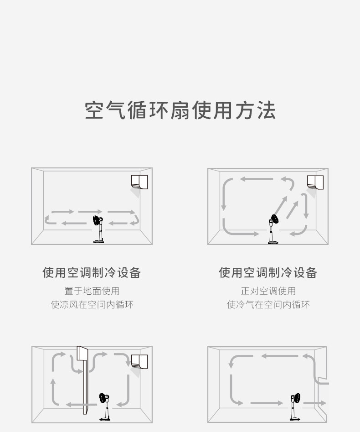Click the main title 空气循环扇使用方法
[x=180, y=110]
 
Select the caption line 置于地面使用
[x=92, y=291]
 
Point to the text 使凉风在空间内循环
[x=92, y=304]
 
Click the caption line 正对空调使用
[x=268, y=291]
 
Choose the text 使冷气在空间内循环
[x=268, y=304]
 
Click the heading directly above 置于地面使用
[x=92, y=272]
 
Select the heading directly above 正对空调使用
[x=268, y=272]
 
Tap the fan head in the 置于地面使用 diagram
[x=97, y=220]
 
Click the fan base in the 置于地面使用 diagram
[x=98, y=241]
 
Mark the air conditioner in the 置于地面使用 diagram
[x=139, y=182]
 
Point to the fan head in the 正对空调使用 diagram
[x=274, y=219]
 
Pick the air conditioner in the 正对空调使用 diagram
[x=315, y=182]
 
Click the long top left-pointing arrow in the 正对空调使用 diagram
[x=257, y=179]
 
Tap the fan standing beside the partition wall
[x=104, y=406]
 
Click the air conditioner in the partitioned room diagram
[x=139, y=362]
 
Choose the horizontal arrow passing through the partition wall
[x=82, y=405]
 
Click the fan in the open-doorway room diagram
[x=295, y=406]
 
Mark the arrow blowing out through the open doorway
[x=314, y=403]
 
